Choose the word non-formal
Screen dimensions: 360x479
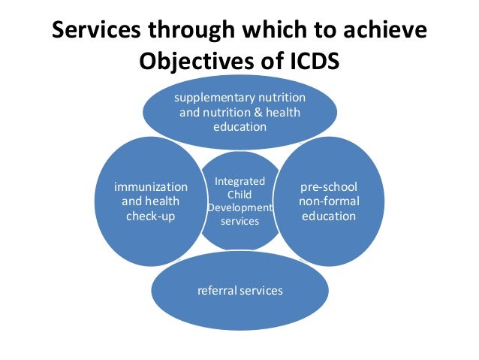(328, 201)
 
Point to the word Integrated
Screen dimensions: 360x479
(233, 180)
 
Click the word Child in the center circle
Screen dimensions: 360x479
(233, 194)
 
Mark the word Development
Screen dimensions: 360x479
(233, 207)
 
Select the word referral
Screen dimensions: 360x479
(215, 289)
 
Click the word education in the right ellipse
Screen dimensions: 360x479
(328, 216)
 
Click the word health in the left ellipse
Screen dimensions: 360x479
(163, 201)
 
